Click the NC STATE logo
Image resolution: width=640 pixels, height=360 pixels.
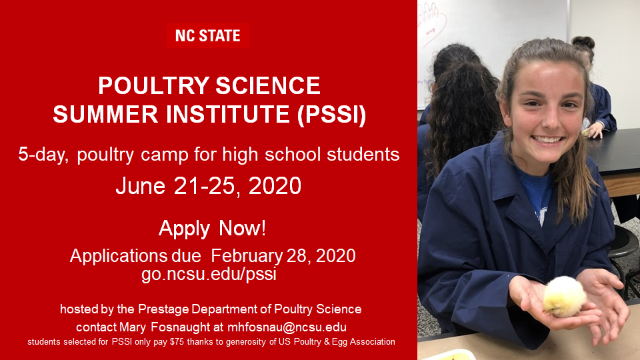click(x=208, y=35)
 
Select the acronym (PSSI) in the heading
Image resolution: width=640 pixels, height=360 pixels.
click(x=331, y=114)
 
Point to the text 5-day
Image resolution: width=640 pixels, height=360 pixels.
click(x=43, y=155)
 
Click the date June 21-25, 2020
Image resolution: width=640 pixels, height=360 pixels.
click(x=209, y=186)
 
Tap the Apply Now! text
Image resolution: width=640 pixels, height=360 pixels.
click(x=212, y=228)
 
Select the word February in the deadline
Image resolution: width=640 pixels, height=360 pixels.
click(x=247, y=256)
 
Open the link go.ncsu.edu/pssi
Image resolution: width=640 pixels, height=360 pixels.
click(x=209, y=274)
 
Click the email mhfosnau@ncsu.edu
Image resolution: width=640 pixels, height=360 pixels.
click(x=287, y=327)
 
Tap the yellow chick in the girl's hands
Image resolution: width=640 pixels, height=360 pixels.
click(x=564, y=297)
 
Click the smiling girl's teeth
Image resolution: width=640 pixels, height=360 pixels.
click(x=548, y=139)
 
